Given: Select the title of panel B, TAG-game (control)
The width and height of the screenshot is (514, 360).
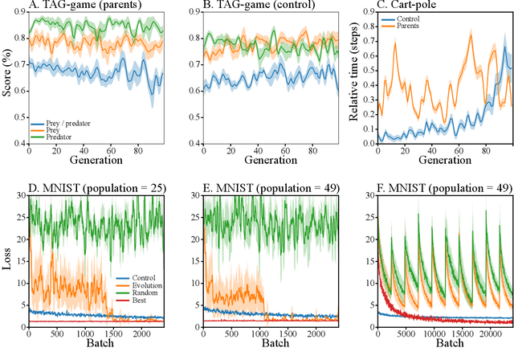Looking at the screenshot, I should [253, 7].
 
